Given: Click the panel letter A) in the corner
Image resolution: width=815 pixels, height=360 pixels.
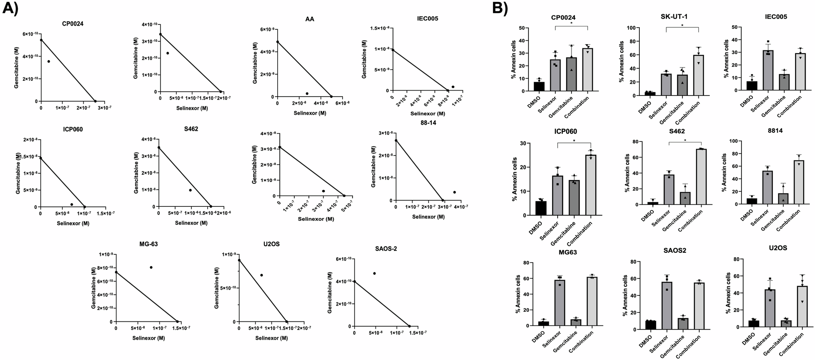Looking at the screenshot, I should point(10,8).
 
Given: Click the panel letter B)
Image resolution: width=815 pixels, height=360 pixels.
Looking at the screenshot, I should point(500,8).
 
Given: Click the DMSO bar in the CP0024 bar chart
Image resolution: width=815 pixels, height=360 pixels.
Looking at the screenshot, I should point(539,87).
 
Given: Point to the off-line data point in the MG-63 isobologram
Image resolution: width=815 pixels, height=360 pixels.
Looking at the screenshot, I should point(151,267).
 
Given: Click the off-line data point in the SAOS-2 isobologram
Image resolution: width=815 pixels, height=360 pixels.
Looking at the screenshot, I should point(374,273).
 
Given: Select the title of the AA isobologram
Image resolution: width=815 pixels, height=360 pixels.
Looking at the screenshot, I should point(309,19).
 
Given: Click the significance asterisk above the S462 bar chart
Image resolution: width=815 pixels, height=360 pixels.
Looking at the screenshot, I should point(685,141).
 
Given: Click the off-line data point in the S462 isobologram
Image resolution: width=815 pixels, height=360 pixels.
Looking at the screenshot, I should point(190,190).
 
